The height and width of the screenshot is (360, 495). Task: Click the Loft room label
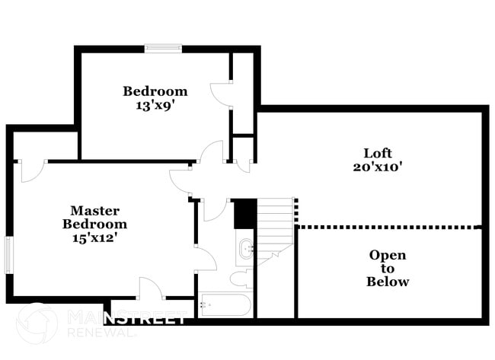coord(378,153)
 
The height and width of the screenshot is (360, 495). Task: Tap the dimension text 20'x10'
coord(378,167)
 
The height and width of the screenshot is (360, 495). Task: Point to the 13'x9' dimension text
coord(155,105)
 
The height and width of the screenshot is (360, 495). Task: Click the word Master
coord(94,211)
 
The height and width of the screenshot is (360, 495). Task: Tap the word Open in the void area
coord(388,255)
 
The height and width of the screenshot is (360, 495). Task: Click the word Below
coord(388,281)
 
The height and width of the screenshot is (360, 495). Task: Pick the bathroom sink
coord(246,248)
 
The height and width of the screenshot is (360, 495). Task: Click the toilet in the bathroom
coord(241,279)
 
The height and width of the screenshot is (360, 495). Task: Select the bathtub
coord(225,304)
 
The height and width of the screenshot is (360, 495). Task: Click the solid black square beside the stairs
coord(245,214)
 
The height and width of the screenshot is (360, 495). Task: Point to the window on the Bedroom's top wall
coord(163,48)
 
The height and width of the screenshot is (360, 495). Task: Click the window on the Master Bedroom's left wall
coord(9,255)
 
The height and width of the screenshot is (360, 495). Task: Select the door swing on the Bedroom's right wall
coord(222,93)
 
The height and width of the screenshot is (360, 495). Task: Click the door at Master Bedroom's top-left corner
coord(33,170)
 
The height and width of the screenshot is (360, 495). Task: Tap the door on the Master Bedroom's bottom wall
coord(151,288)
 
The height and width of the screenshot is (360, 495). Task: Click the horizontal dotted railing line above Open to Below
coord(387,227)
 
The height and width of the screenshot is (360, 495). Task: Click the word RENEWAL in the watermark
coord(101,333)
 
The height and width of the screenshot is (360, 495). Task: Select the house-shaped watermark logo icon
coord(37,323)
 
